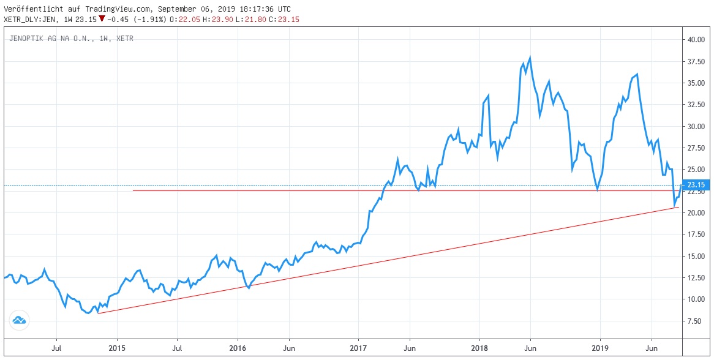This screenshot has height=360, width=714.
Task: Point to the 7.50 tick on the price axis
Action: pyautogui.click(x=694, y=321)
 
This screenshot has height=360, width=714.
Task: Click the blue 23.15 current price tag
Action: pyautogui.click(x=696, y=185)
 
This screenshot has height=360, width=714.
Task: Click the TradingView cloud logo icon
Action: pyautogui.click(x=19, y=320)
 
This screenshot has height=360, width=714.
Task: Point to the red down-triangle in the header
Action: pyautogui.click(x=101, y=19)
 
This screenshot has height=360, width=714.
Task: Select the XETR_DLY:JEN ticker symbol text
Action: pyautogui.click(x=30, y=19)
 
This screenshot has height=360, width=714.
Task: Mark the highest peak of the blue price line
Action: pyautogui.click(x=529, y=58)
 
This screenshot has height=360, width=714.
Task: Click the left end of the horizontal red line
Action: pyautogui.click(x=133, y=190)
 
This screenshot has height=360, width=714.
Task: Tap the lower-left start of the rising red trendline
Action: pyautogui.click(x=98, y=313)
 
